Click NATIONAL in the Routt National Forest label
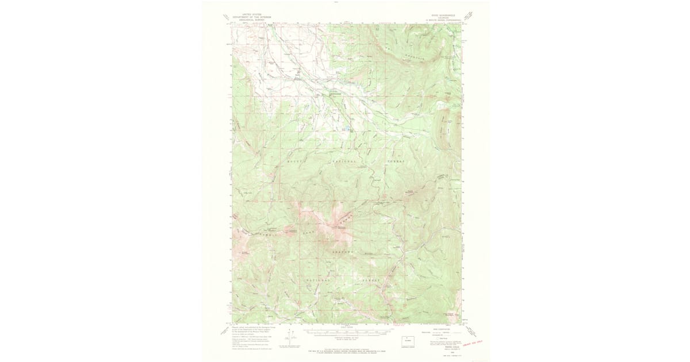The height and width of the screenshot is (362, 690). pyautogui.click(x=345, y=163)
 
